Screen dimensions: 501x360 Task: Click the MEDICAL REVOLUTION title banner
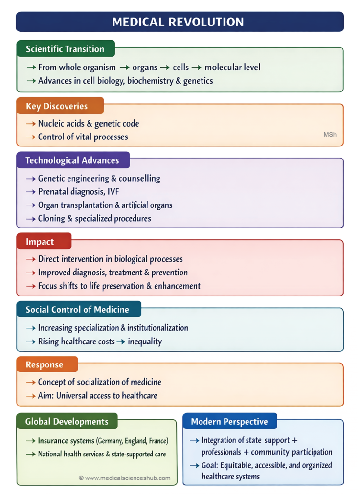180,22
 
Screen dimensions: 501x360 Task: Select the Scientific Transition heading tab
65,49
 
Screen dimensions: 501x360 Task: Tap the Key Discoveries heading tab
57,106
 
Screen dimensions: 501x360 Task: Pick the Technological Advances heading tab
72,160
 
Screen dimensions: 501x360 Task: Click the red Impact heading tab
40,242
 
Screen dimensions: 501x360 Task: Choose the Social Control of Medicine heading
77,309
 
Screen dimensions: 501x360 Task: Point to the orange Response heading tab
45,364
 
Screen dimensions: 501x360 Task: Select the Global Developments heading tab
67,421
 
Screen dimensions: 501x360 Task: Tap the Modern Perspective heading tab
229,421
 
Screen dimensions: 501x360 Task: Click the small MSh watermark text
330,134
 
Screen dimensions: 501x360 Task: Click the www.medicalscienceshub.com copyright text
125,478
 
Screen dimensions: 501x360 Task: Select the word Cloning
53,219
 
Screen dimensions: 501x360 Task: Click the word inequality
145,342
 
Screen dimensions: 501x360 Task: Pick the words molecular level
232,67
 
